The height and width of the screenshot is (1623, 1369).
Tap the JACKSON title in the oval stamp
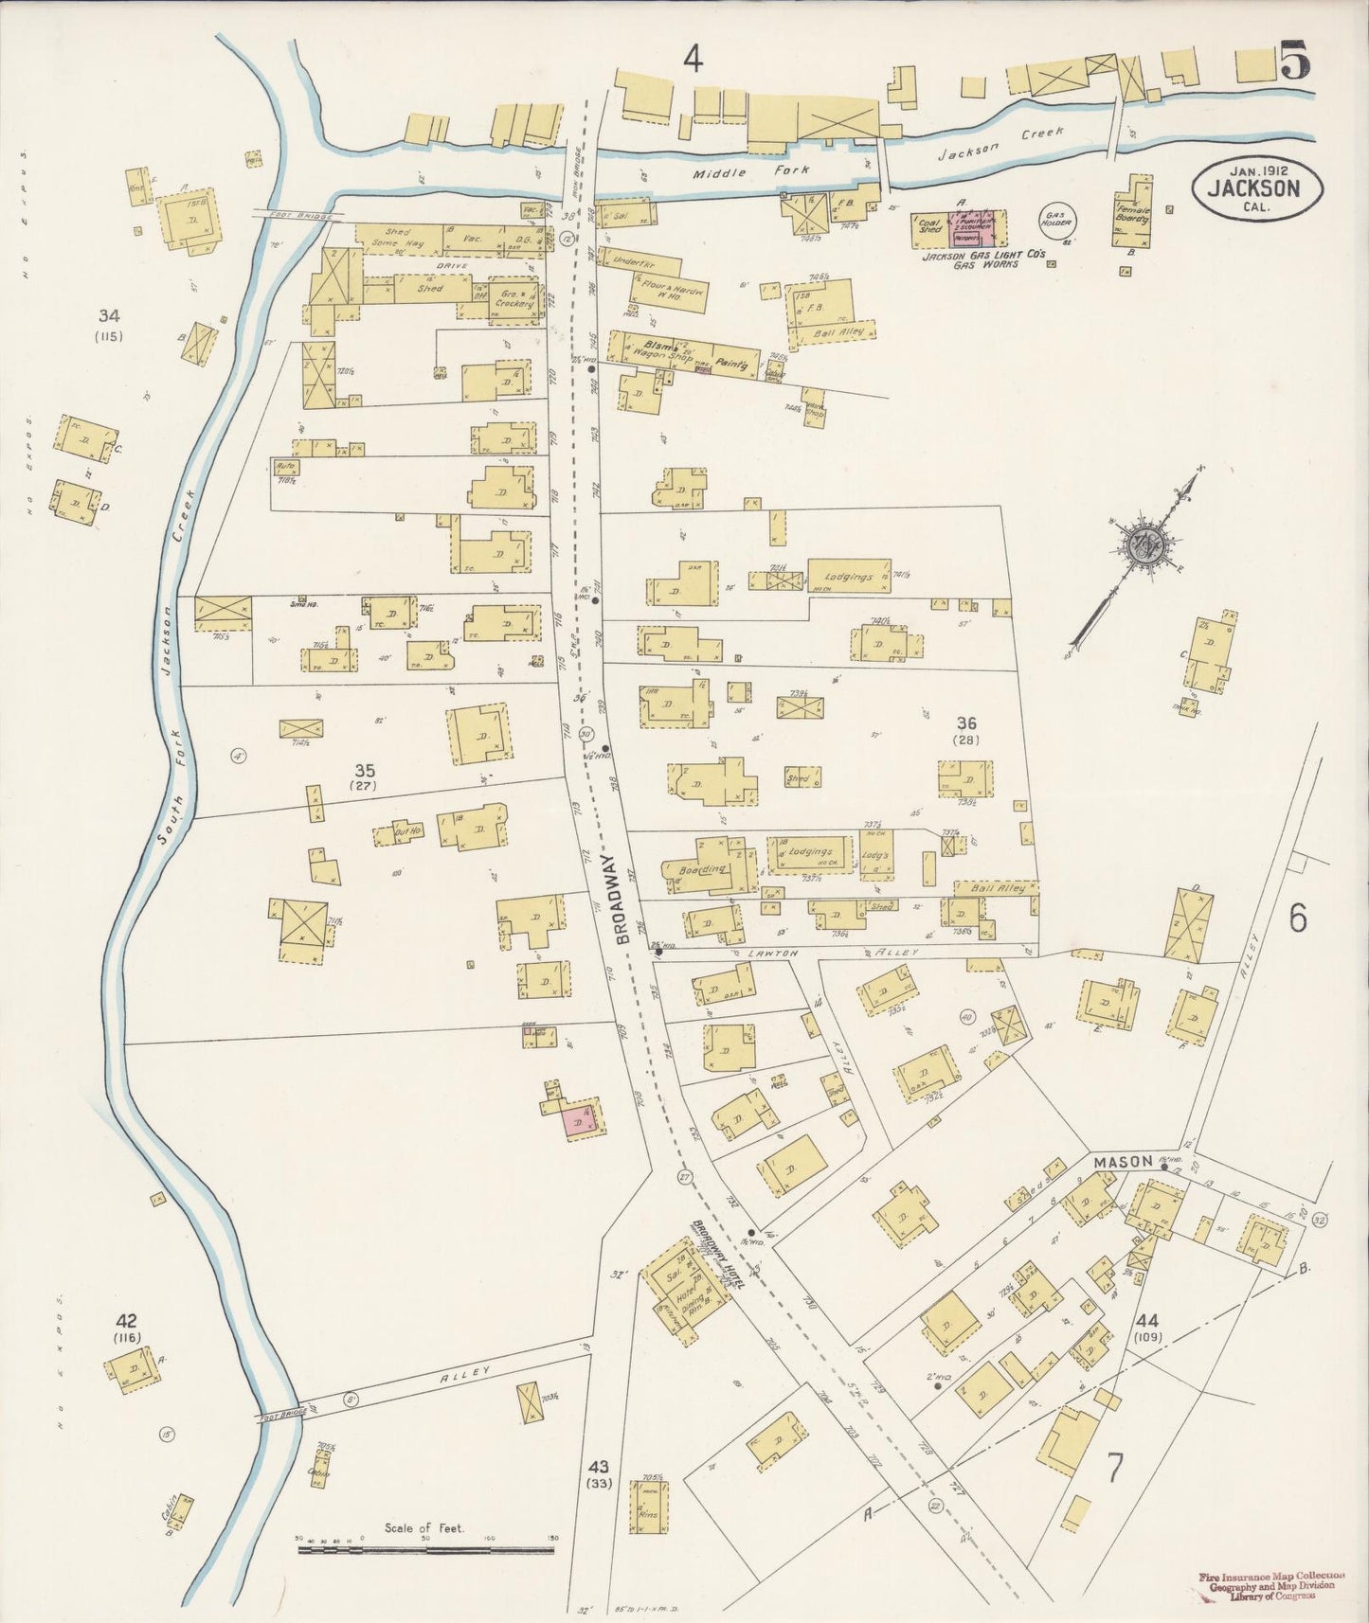[x=1252, y=187]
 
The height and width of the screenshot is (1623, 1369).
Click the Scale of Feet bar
[x=425, y=1550]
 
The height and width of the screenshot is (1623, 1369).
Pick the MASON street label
[x=1124, y=1161]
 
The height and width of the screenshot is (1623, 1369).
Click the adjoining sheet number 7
[x=1115, y=1469]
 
